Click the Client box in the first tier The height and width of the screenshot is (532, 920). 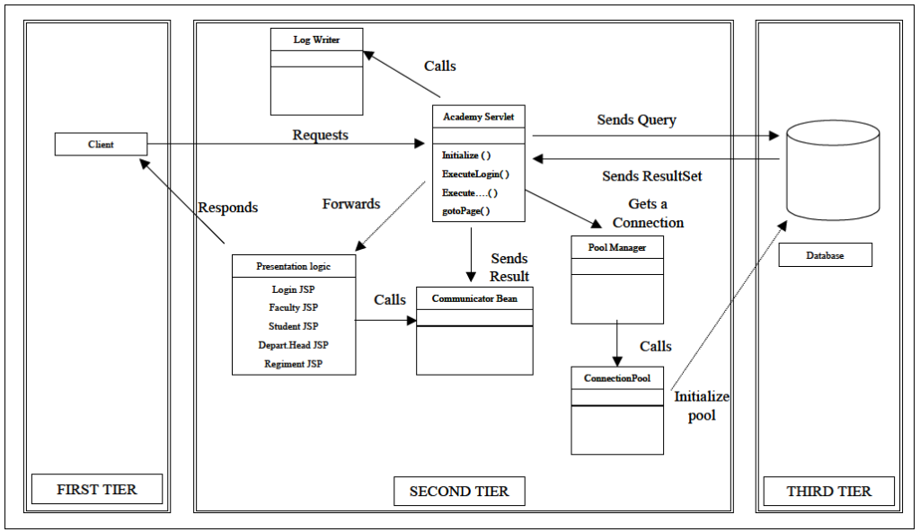click(x=101, y=144)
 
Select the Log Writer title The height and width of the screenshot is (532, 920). click(x=317, y=40)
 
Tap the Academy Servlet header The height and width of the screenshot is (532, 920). click(x=478, y=117)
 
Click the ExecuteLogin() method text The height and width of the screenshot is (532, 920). click(x=475, y=173)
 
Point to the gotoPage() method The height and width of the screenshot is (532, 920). click(x=465, y=211)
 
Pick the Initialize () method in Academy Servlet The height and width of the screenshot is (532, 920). click(x=466, y=155)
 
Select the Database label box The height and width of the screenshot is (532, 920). click(x=825, y=256)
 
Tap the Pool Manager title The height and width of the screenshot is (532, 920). click(x=616, y=247)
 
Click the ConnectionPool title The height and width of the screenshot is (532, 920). click(x=617, y=378)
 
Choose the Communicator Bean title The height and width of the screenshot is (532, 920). click(x=474, y=298)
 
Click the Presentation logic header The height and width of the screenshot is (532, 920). click(x=294, y=266)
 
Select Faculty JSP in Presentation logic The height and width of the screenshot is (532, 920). click(x=293, y=307)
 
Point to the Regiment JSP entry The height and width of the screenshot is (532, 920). click(x=293, y=364)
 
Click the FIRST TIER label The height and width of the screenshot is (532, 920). click(x=97, y=490)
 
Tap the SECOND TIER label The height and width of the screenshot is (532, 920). click(x=459, y=492)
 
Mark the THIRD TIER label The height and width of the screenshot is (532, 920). click(x=829, y=492)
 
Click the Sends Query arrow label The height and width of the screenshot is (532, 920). click(x=636, y=120)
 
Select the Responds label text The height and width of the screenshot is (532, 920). click(x=227, y=208)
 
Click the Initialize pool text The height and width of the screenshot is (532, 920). click(x=702, y=406)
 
